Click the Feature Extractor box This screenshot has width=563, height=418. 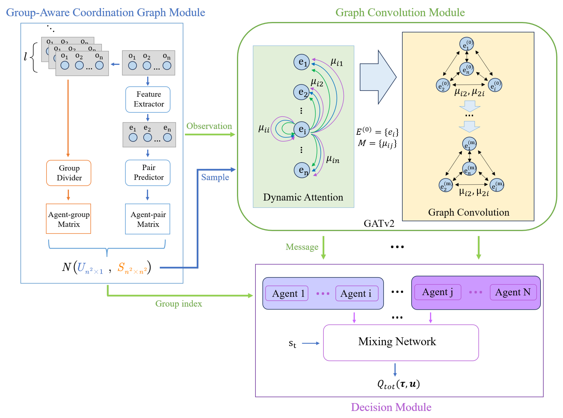(x=148, y=99)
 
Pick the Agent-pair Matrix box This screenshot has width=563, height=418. (x=148, y=219)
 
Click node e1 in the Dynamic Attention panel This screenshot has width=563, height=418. (x=302, y=62)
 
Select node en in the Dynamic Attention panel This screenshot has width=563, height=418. (x=302, y=170)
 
